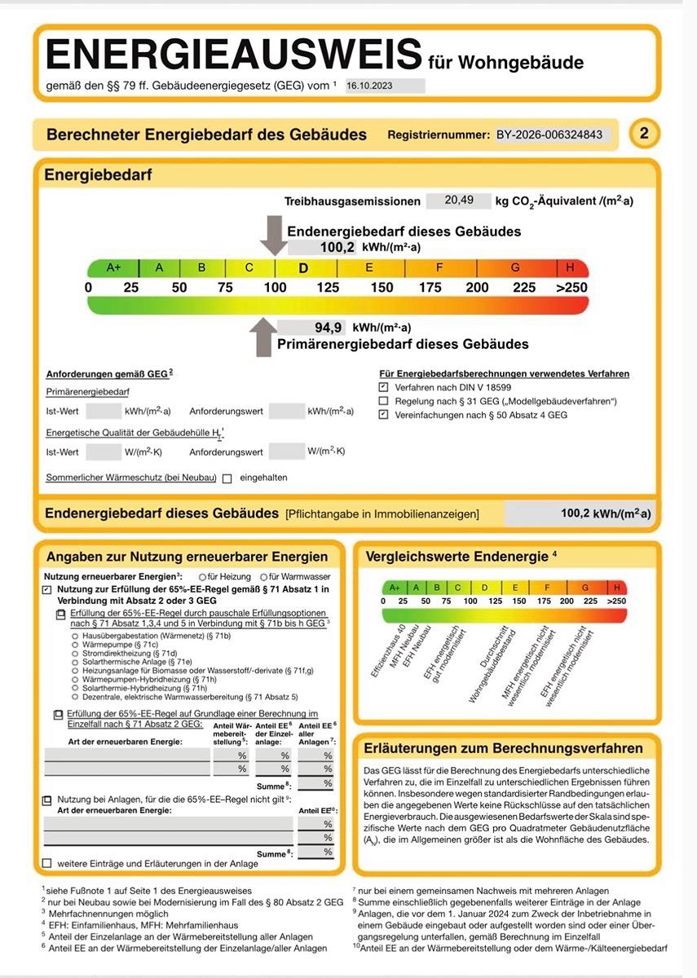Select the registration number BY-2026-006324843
549,134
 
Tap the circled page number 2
644,134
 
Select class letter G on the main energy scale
515,267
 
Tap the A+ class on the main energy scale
113,267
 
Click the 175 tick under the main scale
430,288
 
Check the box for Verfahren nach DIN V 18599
384,388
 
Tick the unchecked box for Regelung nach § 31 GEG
384,402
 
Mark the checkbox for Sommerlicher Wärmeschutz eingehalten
227,478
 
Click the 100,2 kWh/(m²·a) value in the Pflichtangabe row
606,514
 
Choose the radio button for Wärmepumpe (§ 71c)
75,644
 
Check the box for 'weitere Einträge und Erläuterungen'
46,863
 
